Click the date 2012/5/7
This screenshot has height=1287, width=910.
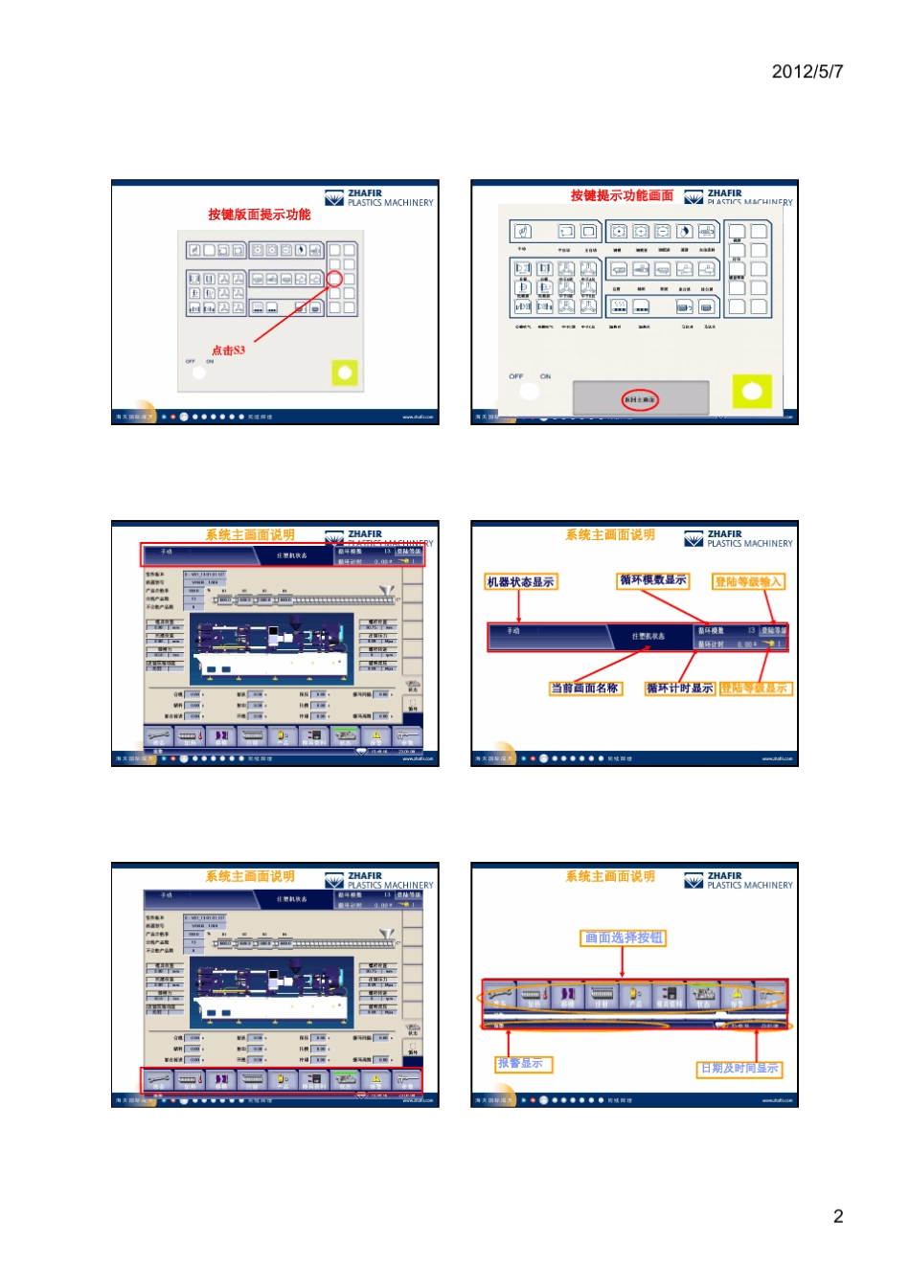(x=807, y=72)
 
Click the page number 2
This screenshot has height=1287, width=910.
(x=838, y=1216)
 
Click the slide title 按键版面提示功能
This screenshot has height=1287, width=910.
(x=259, y=214)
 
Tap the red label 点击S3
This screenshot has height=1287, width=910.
(x=228, y=350)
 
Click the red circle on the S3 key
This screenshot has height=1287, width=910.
(x=334, y=279)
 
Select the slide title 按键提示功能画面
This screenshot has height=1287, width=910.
(x=622, y=195)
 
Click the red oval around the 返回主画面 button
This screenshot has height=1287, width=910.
(x=640, y=399)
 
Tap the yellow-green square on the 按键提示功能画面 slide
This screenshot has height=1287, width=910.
(x=752, y=391)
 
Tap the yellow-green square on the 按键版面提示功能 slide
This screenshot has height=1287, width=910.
(x=345, y=373)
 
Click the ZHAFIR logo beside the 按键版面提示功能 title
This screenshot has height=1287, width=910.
(x=379, y=198)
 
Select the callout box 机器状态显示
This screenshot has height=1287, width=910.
(x=520, y=582)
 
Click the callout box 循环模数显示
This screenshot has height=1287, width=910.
(x=652, y=580)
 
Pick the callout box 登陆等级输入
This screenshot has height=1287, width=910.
(x=749, y=582)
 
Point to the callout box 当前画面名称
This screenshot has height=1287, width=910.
(x=584, y=689)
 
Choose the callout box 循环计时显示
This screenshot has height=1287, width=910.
(x=679, y=689)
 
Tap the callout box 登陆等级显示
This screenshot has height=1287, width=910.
(x=756, y=689)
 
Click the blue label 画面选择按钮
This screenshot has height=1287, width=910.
(x=624, y=938)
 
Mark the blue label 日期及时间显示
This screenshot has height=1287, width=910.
(x=739, y=1069)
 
